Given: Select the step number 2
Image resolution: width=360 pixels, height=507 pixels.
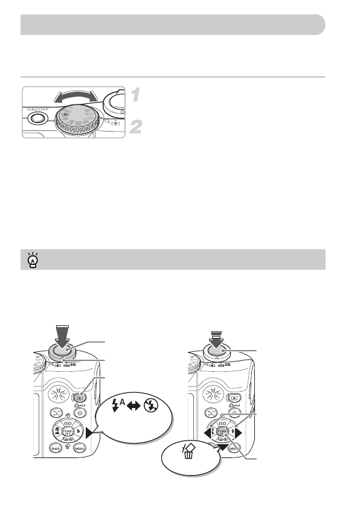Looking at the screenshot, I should [137, 127].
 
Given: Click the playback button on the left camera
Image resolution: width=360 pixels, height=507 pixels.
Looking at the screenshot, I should [79, 398].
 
